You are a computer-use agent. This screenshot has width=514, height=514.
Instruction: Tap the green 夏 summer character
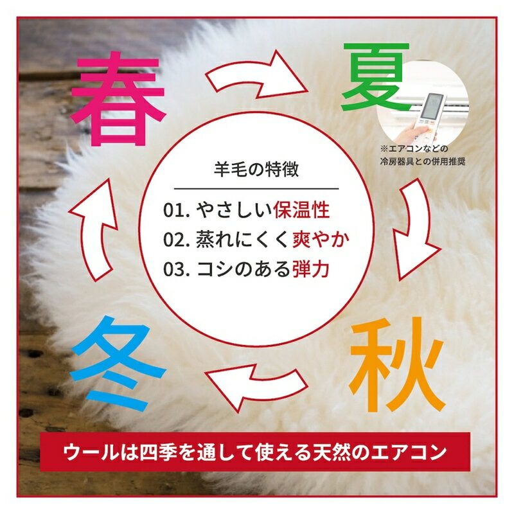[x=376, y=77]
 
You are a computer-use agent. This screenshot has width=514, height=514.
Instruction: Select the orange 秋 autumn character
[x=397, y=364]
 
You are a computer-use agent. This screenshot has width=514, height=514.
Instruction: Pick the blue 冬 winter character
[x=118, y=364]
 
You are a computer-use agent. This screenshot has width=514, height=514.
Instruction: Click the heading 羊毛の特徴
[x=256, y=170]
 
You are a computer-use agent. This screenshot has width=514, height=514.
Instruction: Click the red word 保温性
[x=301, y=210]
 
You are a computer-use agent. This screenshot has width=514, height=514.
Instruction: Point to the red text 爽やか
[x=321, y=240]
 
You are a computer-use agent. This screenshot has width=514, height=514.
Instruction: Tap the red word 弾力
[x=311, y=269]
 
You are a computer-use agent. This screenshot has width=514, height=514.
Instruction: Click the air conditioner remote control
[x=430, y=111]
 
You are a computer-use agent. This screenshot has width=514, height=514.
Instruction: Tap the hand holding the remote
[x=411, y=134]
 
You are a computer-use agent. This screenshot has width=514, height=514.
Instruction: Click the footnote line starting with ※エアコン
[x=414, y=149]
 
